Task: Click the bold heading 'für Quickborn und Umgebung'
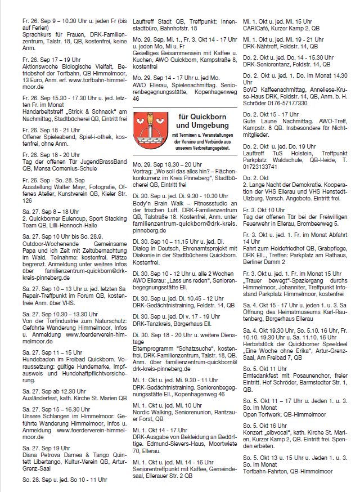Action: pyautogui.click(x=197, y=120)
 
